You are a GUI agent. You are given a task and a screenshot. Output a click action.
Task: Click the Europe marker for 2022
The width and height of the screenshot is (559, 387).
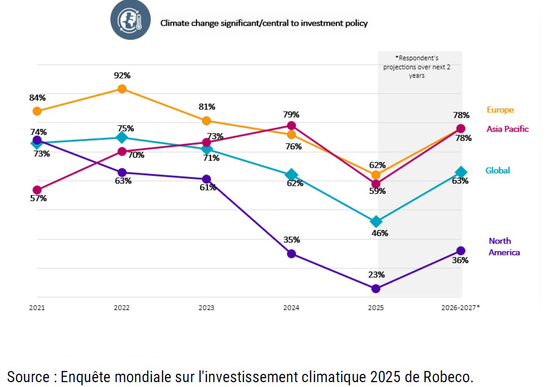[x=122, y=88]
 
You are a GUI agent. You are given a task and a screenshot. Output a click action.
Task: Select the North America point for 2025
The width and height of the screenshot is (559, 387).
[x=375, y=289]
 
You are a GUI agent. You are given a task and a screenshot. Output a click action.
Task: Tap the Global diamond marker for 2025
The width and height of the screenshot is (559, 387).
[x=375, y=222]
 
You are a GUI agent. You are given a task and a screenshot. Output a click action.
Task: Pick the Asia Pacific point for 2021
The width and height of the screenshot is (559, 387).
[x=37, y=190]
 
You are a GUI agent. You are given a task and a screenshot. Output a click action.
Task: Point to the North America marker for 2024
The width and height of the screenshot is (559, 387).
[x=291, y=254]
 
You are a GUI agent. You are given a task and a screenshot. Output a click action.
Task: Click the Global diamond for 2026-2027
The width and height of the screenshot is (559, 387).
[x=461, y=172]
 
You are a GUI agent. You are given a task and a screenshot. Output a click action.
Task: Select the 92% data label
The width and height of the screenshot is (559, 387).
[x=122, y=75]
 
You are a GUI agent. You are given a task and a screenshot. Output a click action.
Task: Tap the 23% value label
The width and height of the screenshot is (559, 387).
[x=375, y=275]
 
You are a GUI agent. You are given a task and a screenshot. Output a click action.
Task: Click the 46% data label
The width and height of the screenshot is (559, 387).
[x=379, y=233]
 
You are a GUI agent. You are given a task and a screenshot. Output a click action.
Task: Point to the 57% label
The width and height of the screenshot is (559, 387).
[x=38, y=198]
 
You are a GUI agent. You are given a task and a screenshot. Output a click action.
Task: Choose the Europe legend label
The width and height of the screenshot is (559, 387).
[x=500, y=110]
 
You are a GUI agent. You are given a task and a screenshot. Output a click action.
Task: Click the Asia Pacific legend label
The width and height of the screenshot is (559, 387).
[x=507, y=129]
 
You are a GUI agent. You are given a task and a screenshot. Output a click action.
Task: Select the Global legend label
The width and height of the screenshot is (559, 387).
[x=498, y=170]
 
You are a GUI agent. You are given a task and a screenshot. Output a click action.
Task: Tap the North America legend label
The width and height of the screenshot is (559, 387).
[x=504, y=246]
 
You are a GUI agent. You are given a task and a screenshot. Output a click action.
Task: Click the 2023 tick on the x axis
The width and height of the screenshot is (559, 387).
[x=206, y=308]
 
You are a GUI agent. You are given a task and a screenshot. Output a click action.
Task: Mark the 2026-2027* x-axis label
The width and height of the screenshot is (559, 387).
[x=460, y=308]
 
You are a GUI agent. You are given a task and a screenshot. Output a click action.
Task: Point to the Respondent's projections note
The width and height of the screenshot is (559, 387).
[x=416, y=67]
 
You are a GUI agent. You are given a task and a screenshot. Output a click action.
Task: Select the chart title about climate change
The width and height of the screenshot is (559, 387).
[x=264, y=23]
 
